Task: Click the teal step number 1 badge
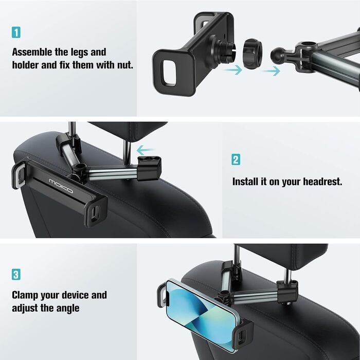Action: [x=16, y=32]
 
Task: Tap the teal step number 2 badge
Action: [x=236, y=159]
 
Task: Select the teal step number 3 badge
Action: [x=16, y=275]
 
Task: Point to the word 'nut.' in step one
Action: [x=125, y=65]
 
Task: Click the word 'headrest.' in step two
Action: [x=323, y=182]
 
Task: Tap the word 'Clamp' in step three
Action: [x=25, y=295]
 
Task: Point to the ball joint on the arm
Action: [x=278, y=54]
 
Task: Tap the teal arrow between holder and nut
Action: [x=232, y=70]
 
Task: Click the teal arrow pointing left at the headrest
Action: [x=146, y=150]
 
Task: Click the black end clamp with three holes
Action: [x=149, y=168]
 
